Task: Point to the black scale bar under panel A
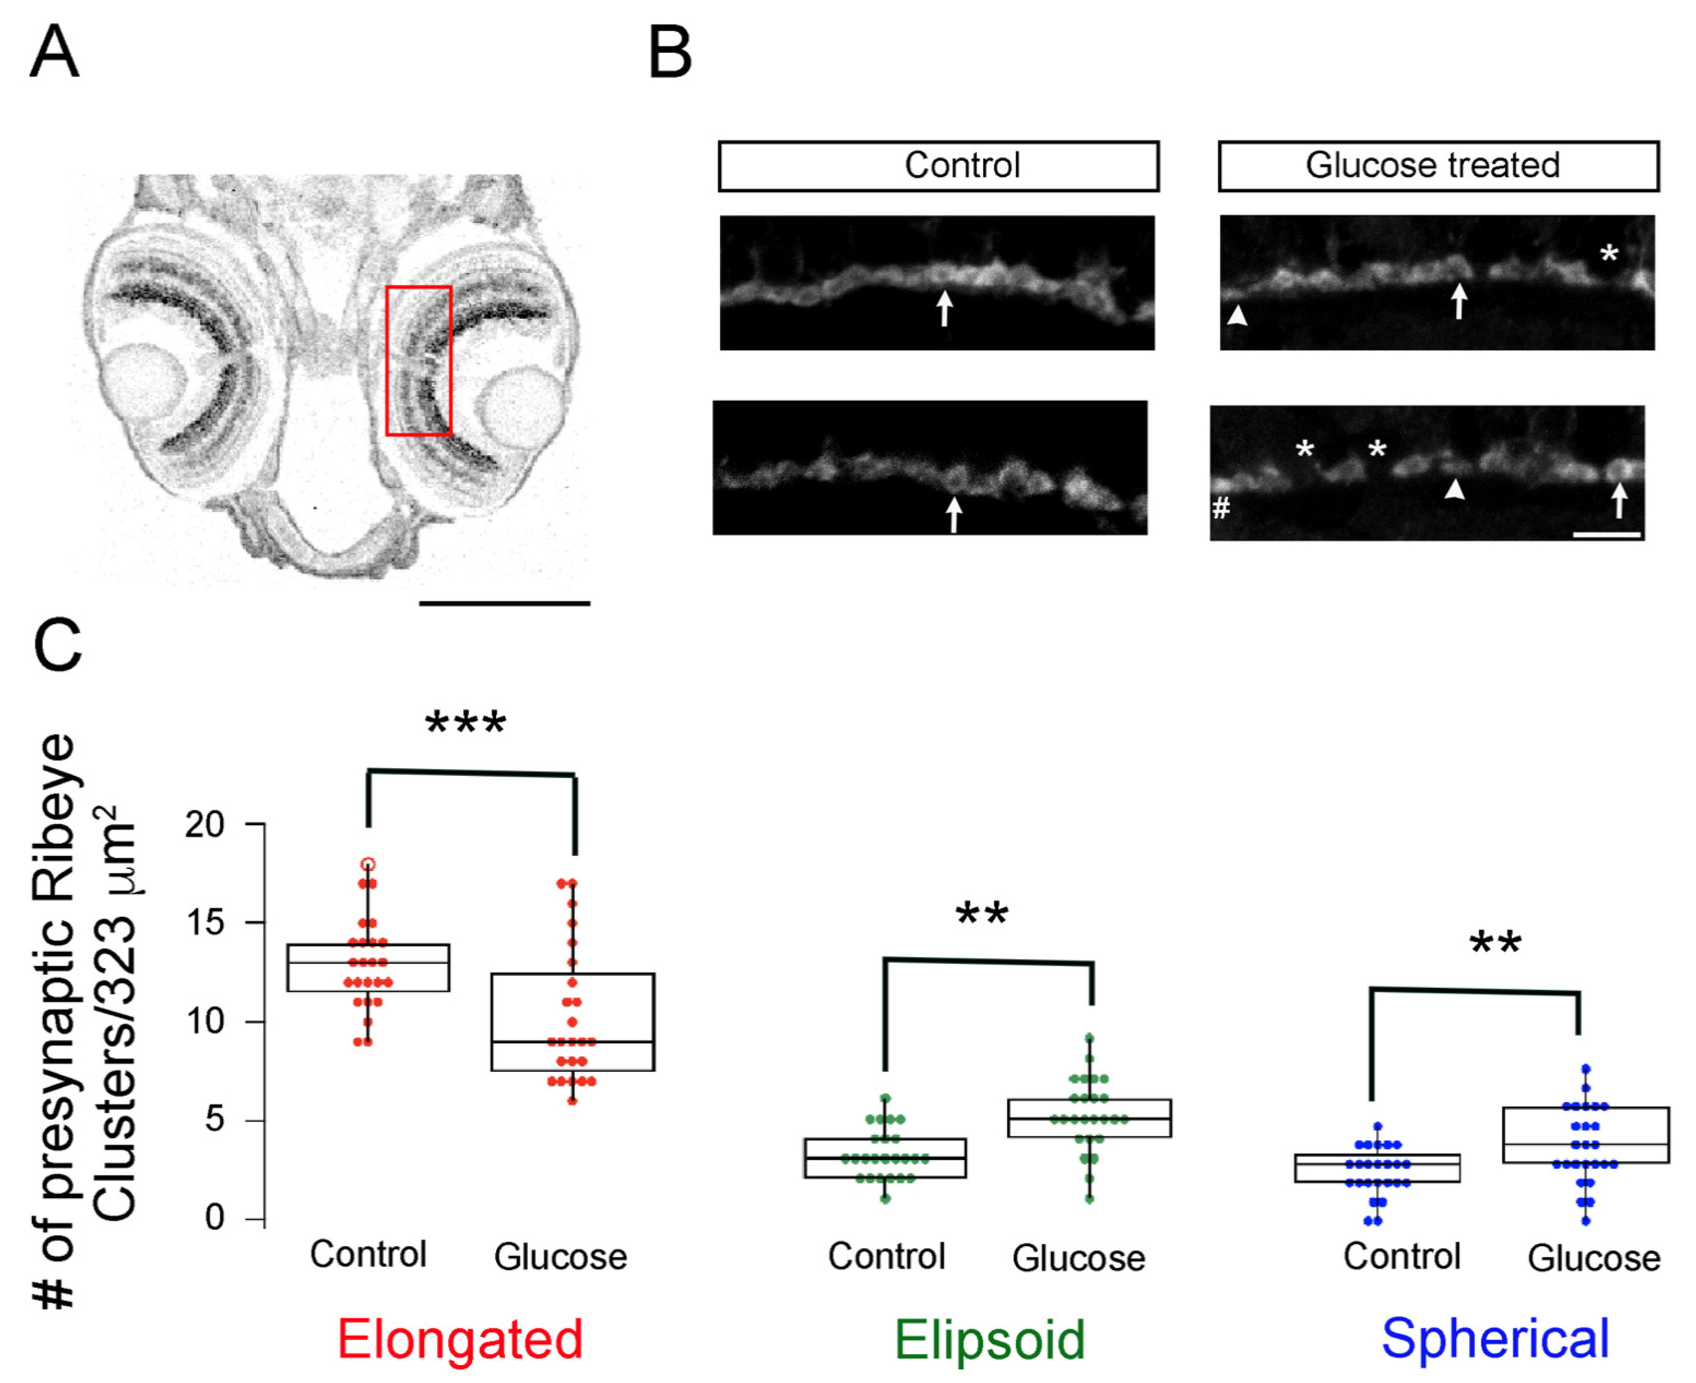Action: [504, 603]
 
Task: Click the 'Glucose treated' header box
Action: [1438, 166]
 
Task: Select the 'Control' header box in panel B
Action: [938, 166]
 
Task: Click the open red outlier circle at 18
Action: [368, 865]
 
